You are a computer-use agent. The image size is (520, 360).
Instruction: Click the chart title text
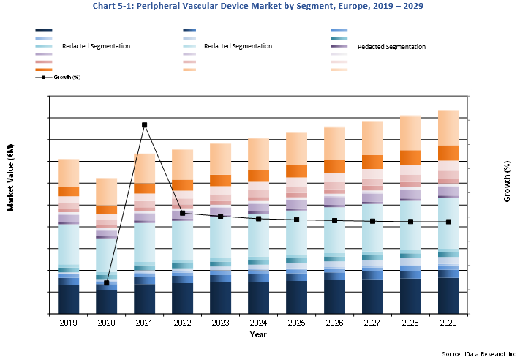pos(259,6)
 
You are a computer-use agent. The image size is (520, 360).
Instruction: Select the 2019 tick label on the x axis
pos(69,322)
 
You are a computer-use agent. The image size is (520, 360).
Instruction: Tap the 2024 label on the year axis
pos(259,322)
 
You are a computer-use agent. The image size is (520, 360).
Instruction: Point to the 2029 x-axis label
pos(448,322)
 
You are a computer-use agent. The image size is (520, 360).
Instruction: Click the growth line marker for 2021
pos(145,125)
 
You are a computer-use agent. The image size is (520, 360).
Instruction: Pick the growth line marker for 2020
pos(107,282)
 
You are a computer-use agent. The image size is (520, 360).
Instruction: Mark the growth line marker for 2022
pos(183,213)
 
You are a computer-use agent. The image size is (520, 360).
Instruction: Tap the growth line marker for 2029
pos(448,222)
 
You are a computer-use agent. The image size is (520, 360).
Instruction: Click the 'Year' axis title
pos(258,334)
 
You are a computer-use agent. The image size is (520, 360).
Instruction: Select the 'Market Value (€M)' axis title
pos(11,177)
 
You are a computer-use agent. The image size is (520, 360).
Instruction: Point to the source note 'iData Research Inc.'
pos(479,353)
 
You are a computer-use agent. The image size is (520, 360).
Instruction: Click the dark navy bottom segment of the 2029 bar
pos(448,296)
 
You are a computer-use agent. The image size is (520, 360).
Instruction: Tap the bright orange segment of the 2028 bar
pos(410,157)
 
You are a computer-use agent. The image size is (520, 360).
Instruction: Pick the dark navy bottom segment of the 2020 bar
pos(107,302)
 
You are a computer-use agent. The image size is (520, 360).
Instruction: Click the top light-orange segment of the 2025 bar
pos(296,149)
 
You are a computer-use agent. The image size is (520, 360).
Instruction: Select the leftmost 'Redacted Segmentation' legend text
pos(96,46)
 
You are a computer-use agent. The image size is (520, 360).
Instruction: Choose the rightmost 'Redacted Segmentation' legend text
pos(391,47)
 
